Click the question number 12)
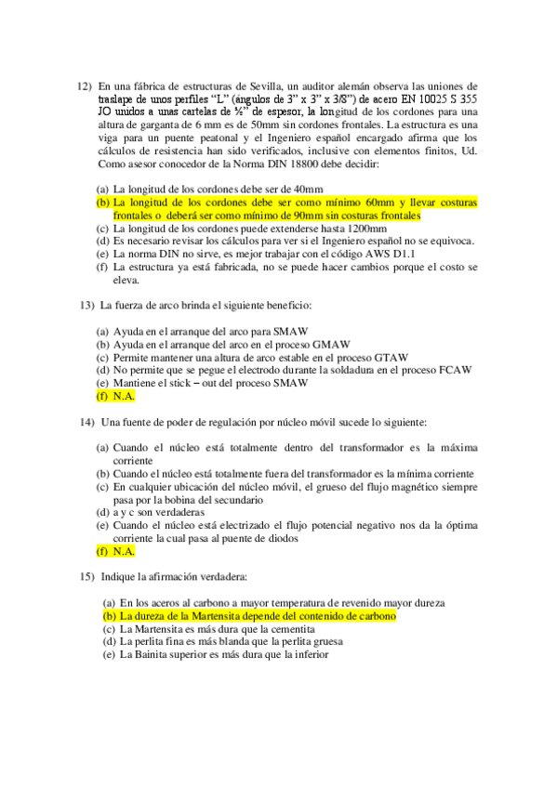click(x=84, y=85)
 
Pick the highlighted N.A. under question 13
click(x=124, y=396)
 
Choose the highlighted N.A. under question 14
click(x=124, y=551)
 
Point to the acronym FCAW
click(x=452, y=370)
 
